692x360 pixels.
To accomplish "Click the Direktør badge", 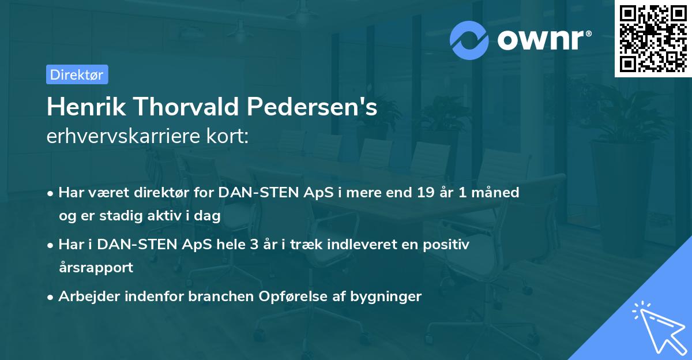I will point(77,74).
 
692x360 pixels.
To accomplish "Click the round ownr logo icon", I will point(469,40).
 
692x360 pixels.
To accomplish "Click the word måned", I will point(498,192).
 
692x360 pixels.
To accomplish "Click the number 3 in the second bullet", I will point(253,245).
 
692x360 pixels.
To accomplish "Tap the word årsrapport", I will point(96,268).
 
